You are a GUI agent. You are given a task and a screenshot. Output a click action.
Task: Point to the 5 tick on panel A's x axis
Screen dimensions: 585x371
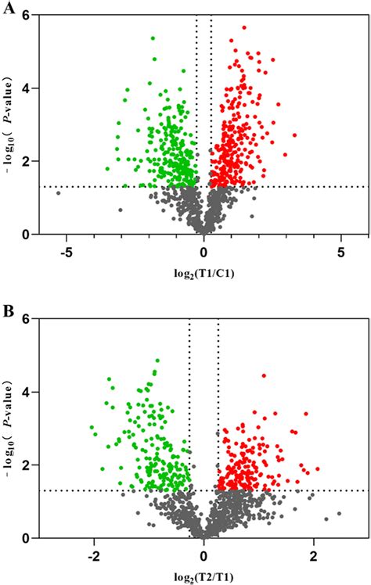340,253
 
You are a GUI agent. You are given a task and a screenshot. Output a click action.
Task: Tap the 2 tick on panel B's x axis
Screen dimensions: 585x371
314,556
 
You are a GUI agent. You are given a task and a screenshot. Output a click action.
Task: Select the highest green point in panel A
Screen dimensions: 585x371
153,38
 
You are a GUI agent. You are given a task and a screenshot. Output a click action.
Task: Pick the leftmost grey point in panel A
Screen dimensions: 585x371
57,192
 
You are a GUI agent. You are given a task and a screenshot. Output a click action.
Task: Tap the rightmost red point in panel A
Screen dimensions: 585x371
294,135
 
